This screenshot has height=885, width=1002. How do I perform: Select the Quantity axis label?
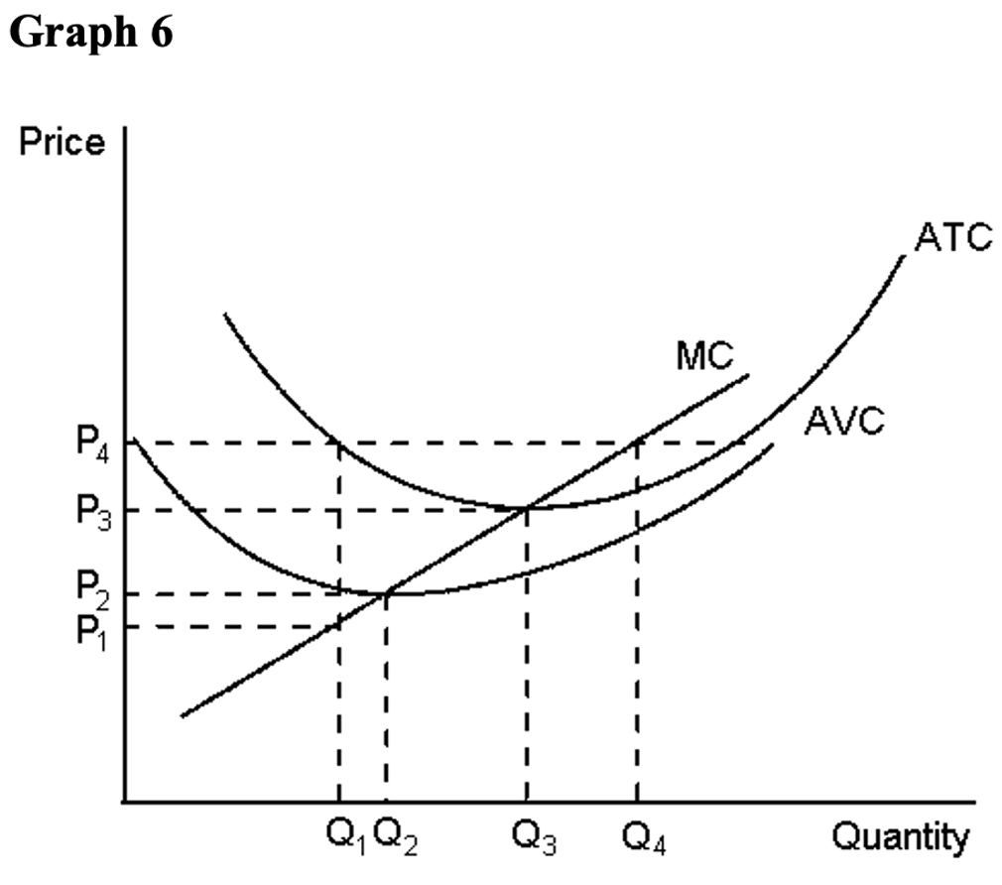click(900, 839)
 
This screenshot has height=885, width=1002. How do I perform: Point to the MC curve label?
click(705, 356)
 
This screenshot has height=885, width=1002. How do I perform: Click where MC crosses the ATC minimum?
click(526, 508)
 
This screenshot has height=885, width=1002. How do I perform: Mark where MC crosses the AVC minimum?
click(387, 593)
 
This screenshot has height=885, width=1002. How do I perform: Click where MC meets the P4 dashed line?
click(636, 442)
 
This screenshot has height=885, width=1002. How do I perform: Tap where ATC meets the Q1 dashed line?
click(340, 442)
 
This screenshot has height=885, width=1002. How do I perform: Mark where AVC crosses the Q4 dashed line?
click(636, 529)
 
